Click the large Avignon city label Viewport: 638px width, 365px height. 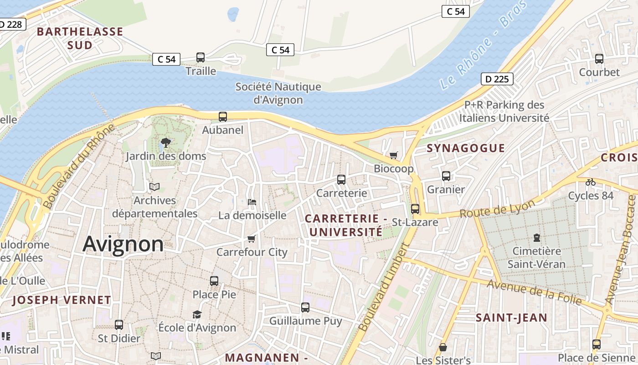point(123,244)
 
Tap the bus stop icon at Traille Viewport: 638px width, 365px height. point(201,57)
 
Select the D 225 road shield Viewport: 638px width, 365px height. point(497,79)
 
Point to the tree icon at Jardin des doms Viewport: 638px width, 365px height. point(166,143)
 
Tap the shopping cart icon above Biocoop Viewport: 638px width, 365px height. point(394,156)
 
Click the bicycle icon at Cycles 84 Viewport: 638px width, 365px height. point(591,182)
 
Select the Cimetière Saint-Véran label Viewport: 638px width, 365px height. point(536,257)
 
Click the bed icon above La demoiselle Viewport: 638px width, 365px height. point(252,202)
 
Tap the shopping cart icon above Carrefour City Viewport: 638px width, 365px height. point(251,239)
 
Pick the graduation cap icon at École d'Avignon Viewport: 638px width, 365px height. point(197,314)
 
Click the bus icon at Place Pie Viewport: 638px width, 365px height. point(214,281)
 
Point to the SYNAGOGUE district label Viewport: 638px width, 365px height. point(466,148)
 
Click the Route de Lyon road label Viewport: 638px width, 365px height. point(497,209)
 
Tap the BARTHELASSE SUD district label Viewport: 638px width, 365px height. point(80,38)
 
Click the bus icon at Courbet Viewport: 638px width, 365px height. point(599,59)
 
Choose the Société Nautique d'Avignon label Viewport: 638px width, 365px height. point(278,93)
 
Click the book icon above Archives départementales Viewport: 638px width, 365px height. point(154,187)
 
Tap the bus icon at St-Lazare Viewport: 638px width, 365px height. point(415,209)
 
